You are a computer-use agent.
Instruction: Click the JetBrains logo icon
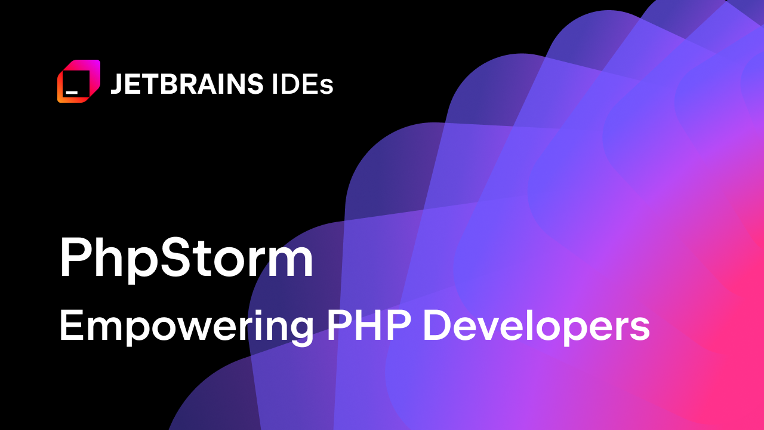click(79, 81)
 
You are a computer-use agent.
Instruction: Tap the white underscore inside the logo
click(72, 93)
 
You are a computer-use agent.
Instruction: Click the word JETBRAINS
click(186, 84)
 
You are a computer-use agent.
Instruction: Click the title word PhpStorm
click(186, 259)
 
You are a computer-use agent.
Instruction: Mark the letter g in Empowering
click(300, 331)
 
